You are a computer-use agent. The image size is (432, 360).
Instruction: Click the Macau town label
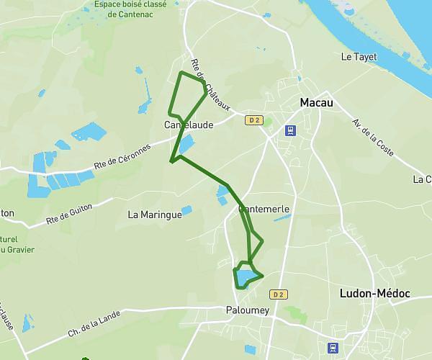click(x=316, y=103)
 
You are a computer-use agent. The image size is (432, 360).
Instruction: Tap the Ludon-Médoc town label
click(x=374, y=294)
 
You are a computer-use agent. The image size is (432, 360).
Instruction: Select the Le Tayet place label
click(x=358, y=57)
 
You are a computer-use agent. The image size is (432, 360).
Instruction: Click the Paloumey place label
click(x=243, y=311)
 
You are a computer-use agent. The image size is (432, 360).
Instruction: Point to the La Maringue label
click(x=154, y=214)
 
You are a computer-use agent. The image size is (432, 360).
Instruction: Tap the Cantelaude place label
click(x=189, y=125)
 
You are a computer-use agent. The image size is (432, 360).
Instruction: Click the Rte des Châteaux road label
click(x=210, y=86)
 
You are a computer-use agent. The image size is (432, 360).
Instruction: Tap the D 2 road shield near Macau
click(x=253, y=120)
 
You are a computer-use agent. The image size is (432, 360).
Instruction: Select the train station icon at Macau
click(x=290, y=130)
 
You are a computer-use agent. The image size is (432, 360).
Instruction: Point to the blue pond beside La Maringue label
click(x=187, y=211)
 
